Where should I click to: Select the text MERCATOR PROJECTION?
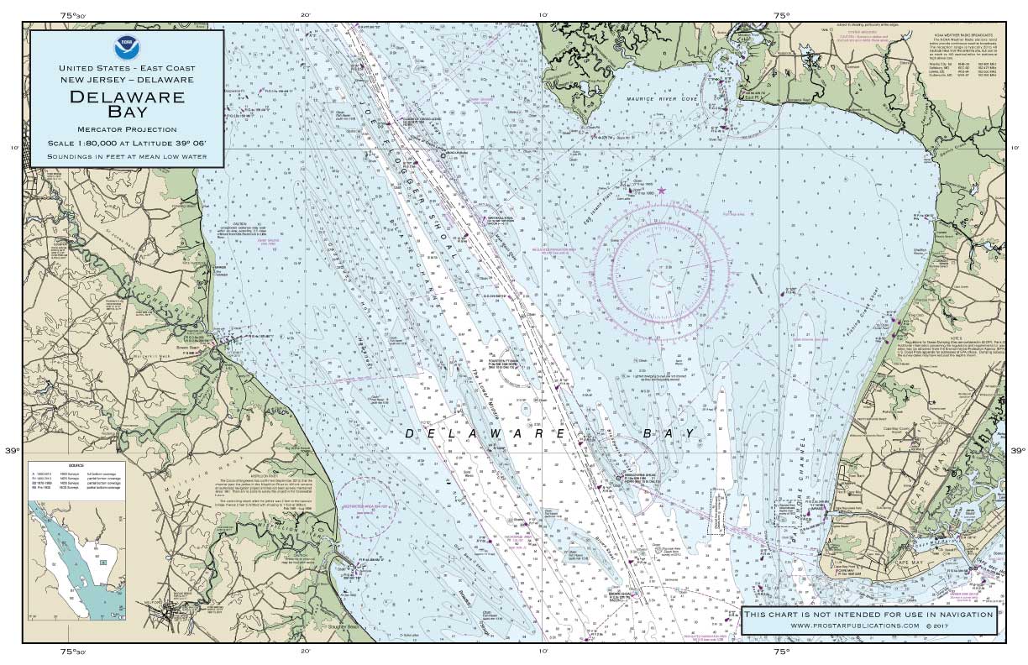point(127,129)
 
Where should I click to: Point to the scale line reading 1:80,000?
point(127,143)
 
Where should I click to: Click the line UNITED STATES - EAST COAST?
point(127,67)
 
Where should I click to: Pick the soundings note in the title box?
point(127,156)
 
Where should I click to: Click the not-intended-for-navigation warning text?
point(868,615)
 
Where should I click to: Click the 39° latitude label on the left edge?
point(12,451)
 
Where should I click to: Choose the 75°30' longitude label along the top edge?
point(73,14)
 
